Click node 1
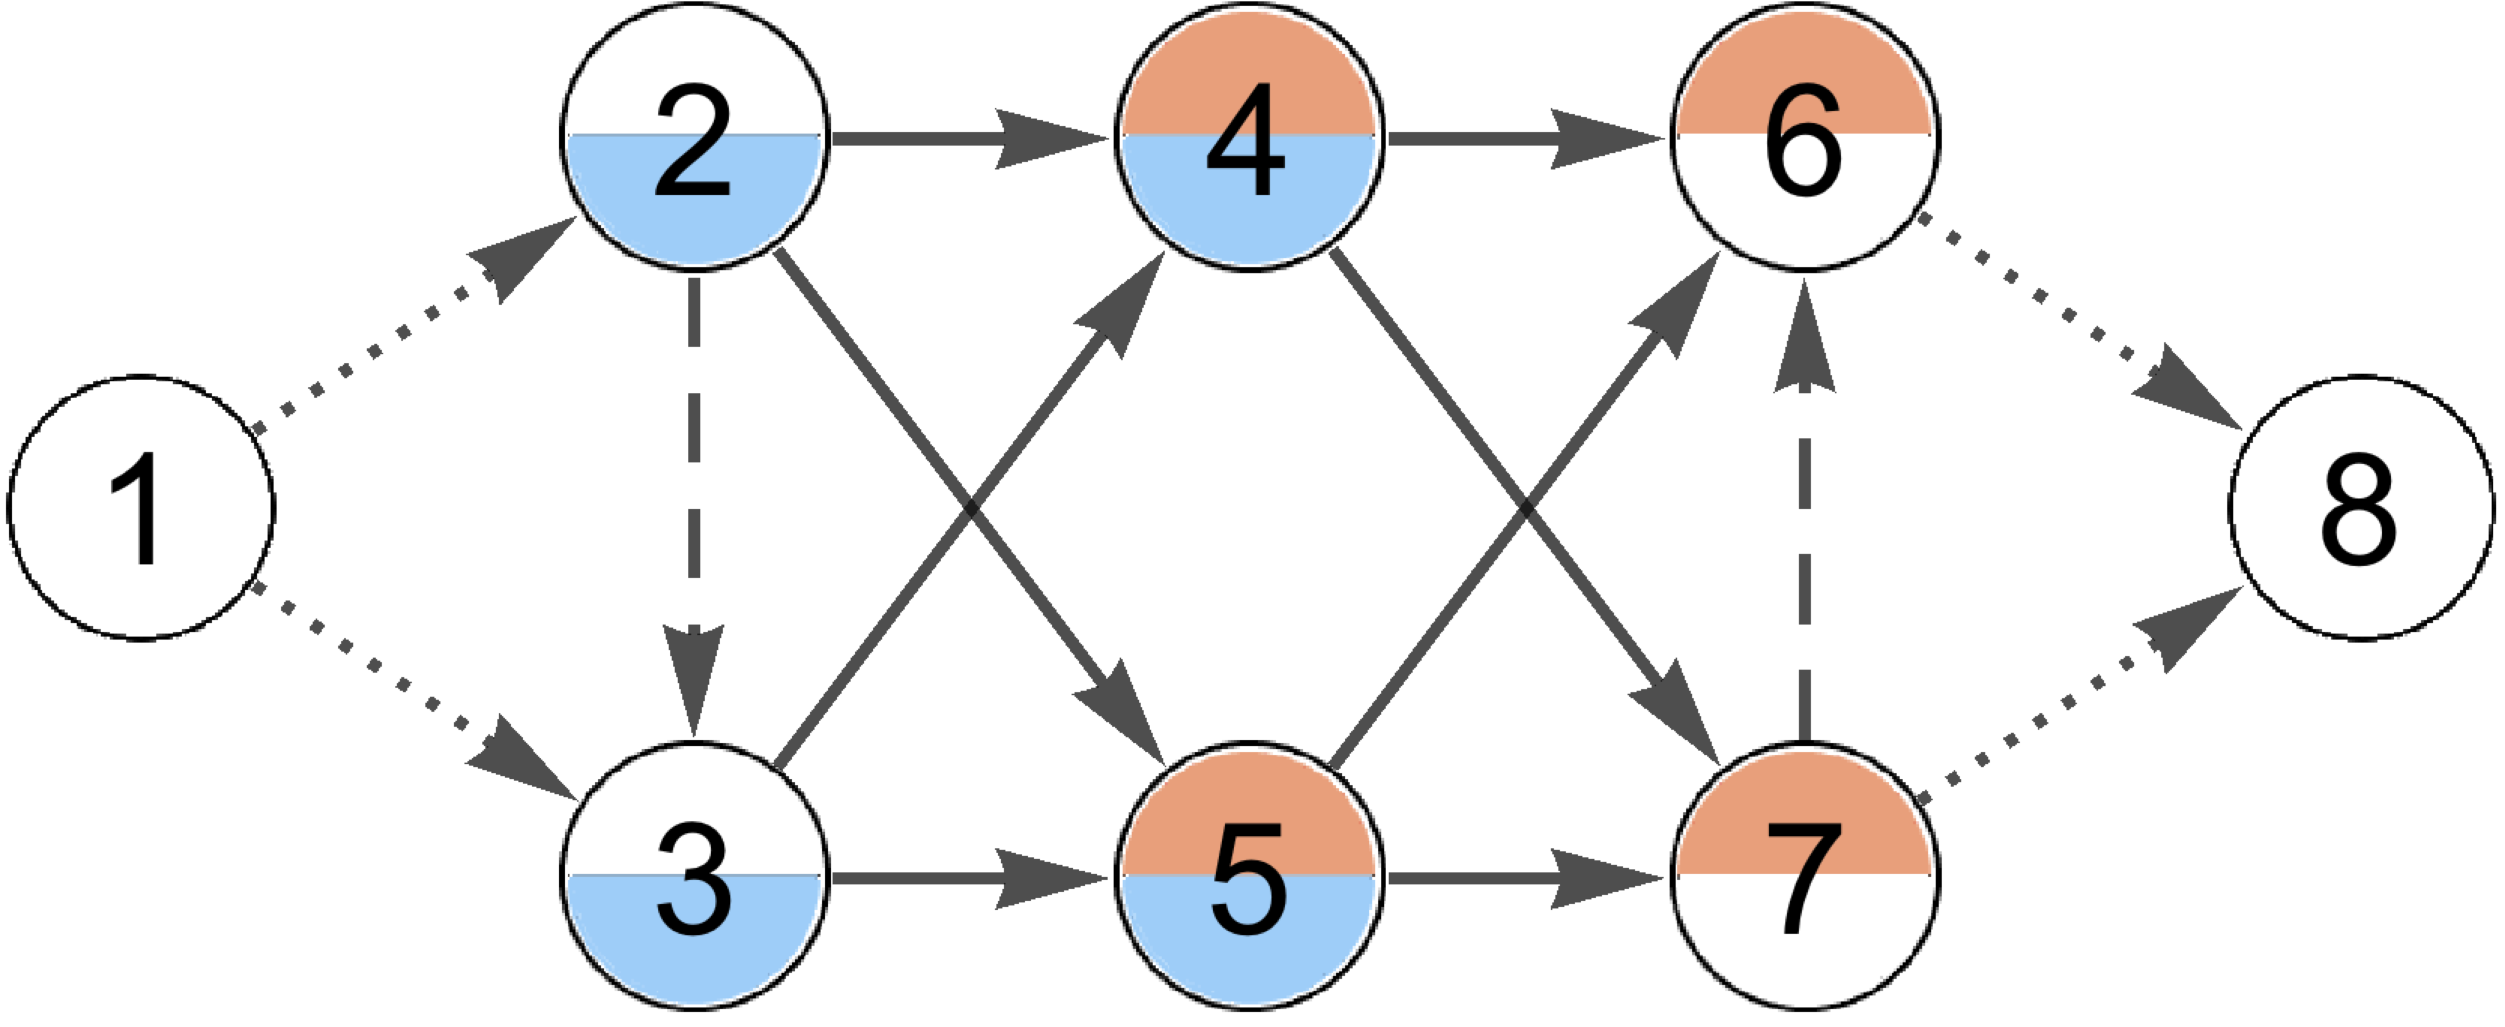click(141, 508)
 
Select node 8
click(2361, 508)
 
